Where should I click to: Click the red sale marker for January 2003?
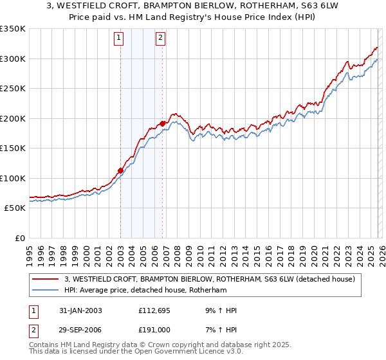120,170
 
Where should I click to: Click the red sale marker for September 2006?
162,123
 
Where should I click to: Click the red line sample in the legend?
46,279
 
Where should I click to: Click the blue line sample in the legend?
46,291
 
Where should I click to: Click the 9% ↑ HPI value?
218,310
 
